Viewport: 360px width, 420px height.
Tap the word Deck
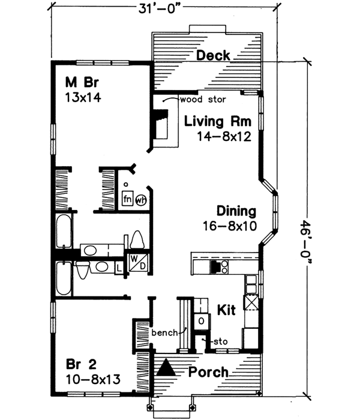click(x=213, y=56)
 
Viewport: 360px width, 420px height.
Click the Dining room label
click(x=236, y=211)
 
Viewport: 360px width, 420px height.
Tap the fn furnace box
click(x=127, y=199)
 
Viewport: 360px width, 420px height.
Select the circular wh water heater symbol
click(x=140, y=199)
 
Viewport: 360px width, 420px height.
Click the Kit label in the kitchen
click(x=225, y=310)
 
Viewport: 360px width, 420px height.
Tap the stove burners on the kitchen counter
click(x=220, y=265)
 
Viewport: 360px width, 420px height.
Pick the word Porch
click(x=208, y=372)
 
